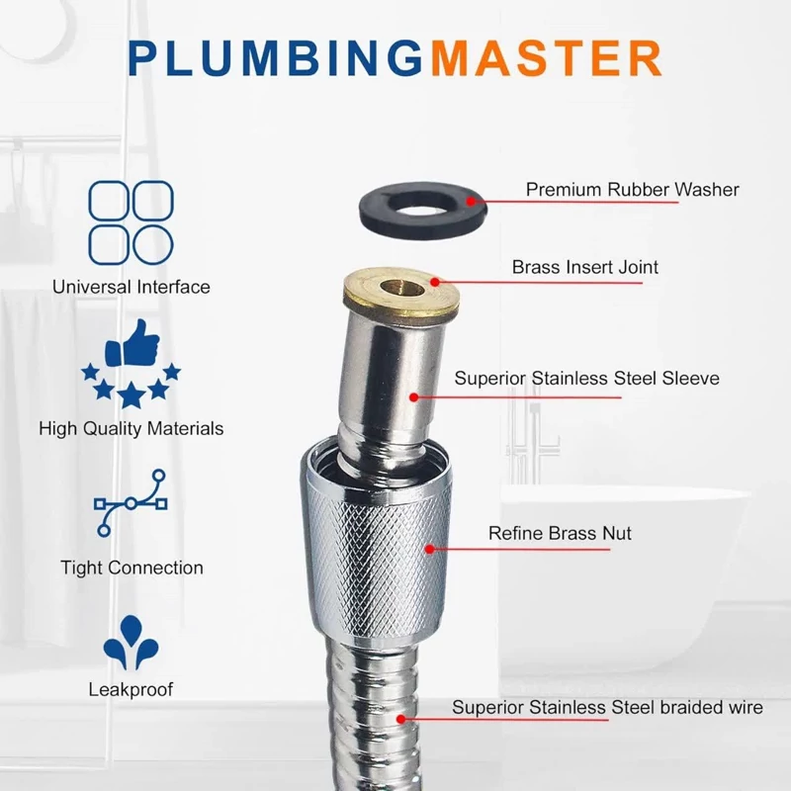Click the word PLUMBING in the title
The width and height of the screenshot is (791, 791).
point(276,58)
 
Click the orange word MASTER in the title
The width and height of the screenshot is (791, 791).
point(546,58)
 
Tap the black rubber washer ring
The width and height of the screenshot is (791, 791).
point(374,211)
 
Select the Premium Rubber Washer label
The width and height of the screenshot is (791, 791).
point(632,190)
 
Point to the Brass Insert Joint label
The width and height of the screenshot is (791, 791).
point(584,267)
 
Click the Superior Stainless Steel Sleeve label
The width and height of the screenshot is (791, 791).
point(586,379)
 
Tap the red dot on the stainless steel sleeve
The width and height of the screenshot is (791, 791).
point(413,397)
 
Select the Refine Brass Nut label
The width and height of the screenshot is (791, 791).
point(560,533)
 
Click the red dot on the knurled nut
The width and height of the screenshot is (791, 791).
point(430,549)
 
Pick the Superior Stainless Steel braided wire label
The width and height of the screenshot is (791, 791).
point(607,707)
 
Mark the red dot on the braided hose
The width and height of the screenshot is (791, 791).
point(401,720)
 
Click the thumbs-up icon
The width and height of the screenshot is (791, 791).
point(132,343)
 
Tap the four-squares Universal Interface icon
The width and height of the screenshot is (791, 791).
point(132,222)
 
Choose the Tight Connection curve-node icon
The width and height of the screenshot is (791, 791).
point(131,503)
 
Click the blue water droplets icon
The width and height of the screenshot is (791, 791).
point(132,642)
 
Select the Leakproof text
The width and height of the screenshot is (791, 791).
point(131,689)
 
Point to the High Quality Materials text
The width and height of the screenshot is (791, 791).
point(132,429)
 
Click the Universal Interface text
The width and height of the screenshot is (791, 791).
point(132,287)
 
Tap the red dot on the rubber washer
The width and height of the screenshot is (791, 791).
point(472,202)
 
